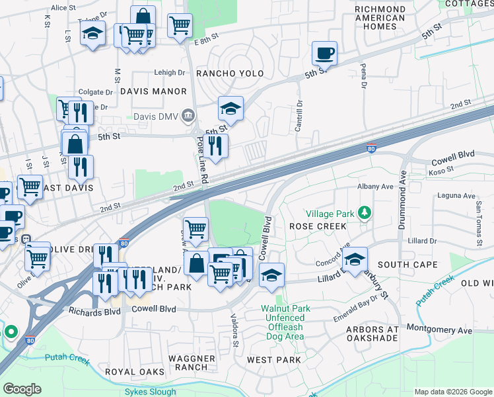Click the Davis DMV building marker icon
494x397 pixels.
tap(189, 116)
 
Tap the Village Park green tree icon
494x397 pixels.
tap(363, 213)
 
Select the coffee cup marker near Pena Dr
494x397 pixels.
tap(324, 52)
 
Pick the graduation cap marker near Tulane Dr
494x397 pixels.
tap(93, 32)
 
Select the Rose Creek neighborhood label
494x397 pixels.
tap(318, 226)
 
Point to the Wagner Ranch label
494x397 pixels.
tap(192, 363)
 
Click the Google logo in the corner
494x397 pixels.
tap(22, 389)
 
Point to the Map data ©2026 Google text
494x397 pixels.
tap(452, 392)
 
